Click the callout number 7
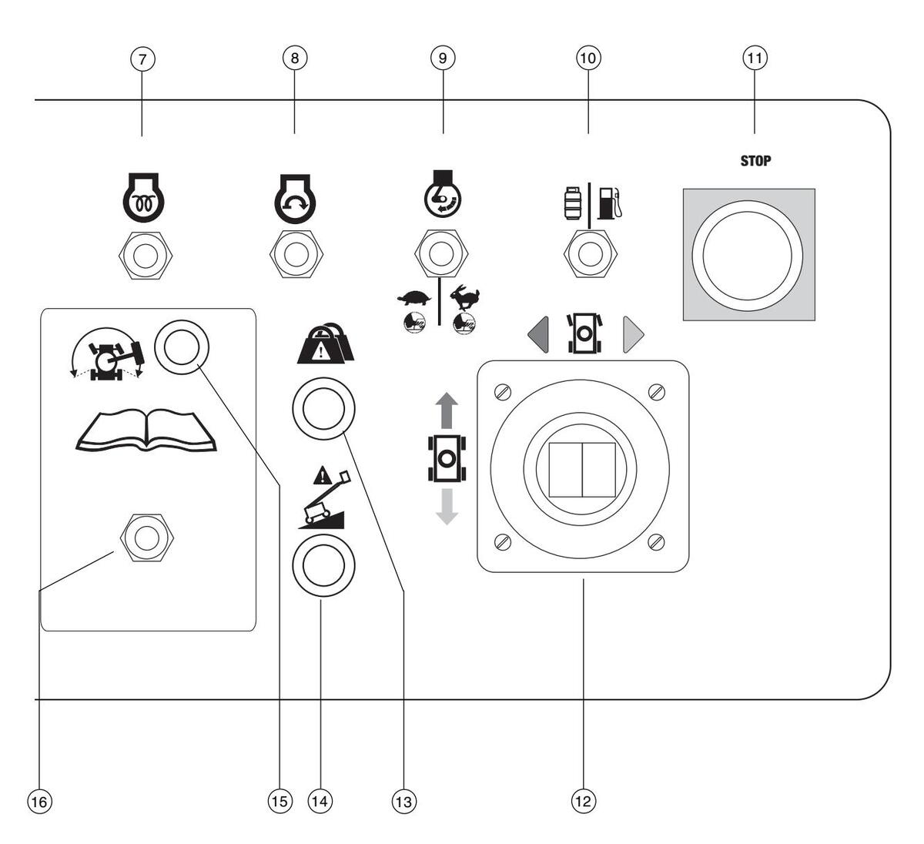142,58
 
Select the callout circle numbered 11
755,58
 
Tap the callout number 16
38,801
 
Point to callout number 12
583,801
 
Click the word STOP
755,162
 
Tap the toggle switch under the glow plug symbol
143,254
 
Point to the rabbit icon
465,296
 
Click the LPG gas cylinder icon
571,202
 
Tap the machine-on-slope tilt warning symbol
323,500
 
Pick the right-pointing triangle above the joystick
633,334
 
